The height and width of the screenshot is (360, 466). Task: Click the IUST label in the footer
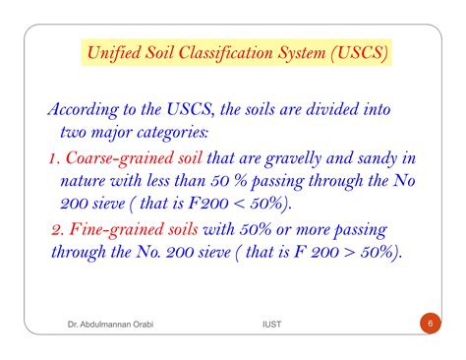point(260,323)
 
